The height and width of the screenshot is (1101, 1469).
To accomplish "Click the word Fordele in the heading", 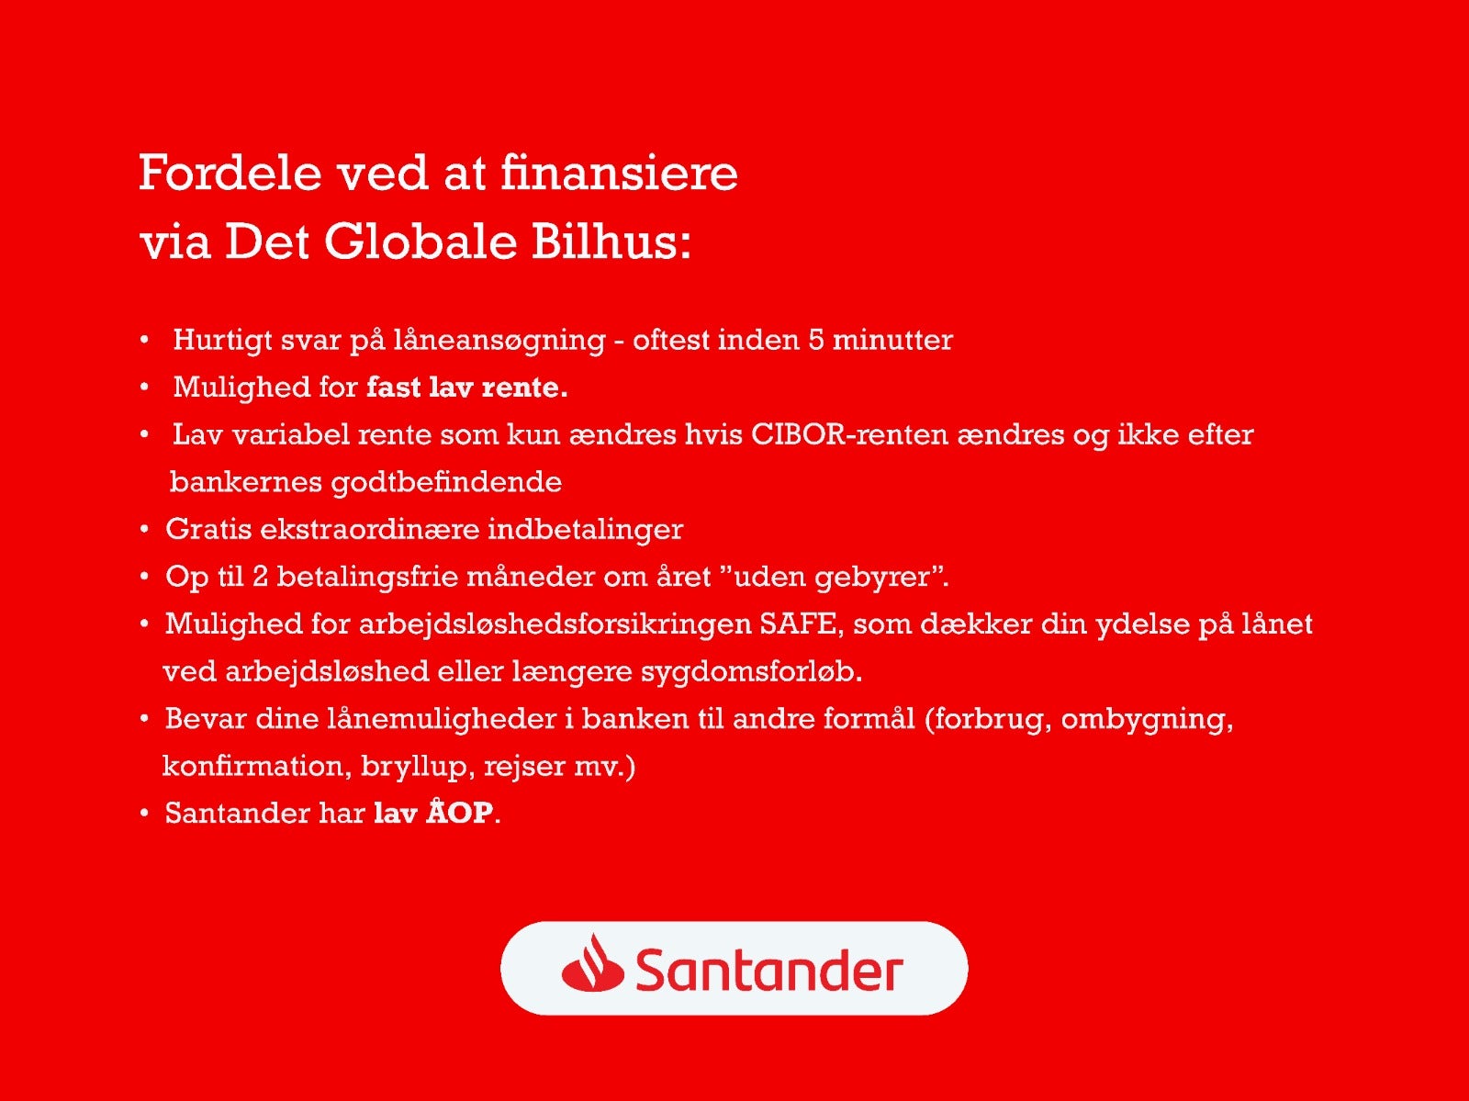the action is [230, 173].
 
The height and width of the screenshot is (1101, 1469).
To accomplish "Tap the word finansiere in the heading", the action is [619, 173].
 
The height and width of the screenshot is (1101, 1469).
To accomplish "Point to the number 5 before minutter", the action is [816, 340].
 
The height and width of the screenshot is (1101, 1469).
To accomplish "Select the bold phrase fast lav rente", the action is [467, 387].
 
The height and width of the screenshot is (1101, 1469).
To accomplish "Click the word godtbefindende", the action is [446, 482].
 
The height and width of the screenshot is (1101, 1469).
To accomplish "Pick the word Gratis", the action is [208, 530].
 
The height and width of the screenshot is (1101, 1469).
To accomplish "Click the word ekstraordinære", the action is [369, 530].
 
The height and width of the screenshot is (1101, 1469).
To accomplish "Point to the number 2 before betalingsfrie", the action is [261, 577].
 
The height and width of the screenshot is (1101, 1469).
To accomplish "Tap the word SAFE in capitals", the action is [797, 624].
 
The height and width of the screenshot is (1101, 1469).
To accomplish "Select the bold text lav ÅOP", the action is [433, 812].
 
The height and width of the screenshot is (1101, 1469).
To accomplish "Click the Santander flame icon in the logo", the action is [592, 962].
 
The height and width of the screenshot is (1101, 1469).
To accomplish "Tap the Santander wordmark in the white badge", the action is [769, 969].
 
